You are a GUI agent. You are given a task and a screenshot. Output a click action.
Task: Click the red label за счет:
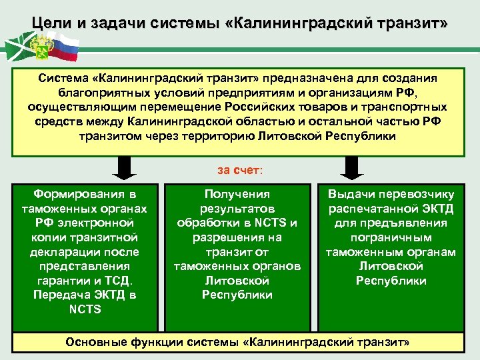[240, 170]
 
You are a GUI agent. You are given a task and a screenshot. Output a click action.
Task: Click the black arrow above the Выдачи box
[353, 167]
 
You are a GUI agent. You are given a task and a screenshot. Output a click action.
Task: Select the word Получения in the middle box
[237, 194]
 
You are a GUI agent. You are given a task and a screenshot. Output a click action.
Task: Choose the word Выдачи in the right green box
[351, 194]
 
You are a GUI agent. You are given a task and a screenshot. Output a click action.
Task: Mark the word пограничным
[391, 237]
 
